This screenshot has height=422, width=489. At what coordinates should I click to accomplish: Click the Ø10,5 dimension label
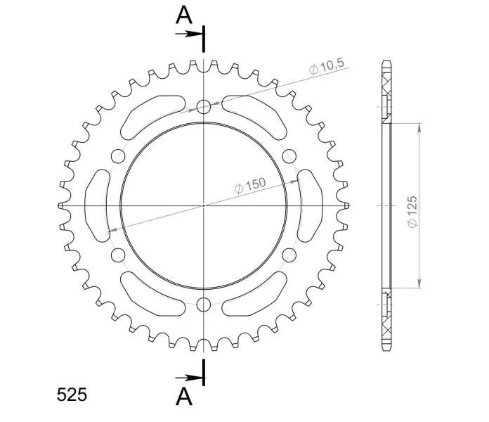(x=327, y=67)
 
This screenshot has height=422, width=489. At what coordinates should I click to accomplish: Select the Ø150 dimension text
(x=250, y=186)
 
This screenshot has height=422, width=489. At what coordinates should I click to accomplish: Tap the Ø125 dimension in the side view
(x=412, y=212)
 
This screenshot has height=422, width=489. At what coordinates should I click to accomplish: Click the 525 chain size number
(x=72, y=395)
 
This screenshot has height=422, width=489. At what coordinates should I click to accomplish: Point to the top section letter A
(x=184, y=15)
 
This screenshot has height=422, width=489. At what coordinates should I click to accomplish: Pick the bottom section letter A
(x=184, y=396)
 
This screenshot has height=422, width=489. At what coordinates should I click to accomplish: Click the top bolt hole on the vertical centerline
(x=204, y=107)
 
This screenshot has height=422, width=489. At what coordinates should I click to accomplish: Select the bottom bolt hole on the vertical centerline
(x=204, y=305)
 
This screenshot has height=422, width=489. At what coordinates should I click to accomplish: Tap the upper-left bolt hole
(x=118, y=156)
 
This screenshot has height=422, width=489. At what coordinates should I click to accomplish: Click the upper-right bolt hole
(x=289, y=156)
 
